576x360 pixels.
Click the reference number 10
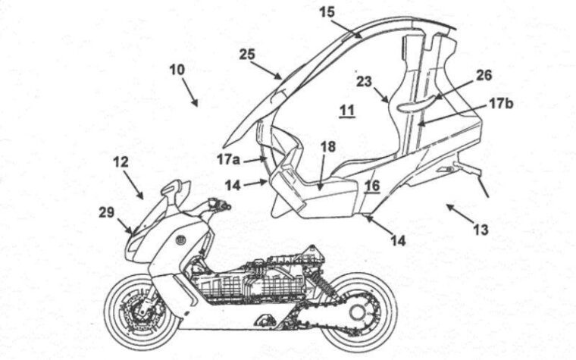177,70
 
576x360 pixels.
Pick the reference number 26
483,76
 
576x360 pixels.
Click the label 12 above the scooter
121,161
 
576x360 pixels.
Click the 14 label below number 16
398,240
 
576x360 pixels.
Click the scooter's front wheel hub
142,311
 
